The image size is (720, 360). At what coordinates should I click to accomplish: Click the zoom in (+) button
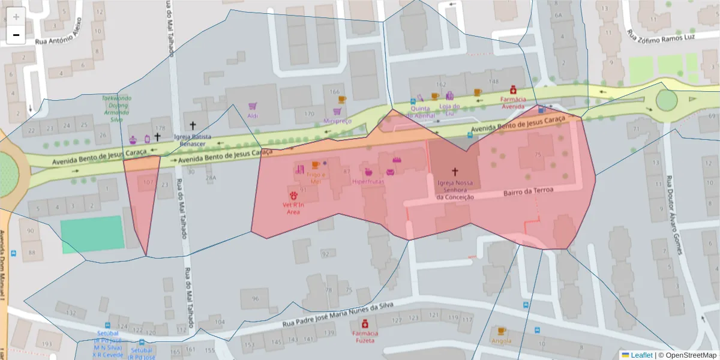click(x=16, y=17)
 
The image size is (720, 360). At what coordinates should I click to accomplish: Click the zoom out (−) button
click(x=16, y=35)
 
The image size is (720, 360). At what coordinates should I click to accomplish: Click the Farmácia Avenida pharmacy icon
click(x=513, y=90)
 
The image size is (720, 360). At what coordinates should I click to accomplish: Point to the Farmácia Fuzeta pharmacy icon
click(x=365, y=324)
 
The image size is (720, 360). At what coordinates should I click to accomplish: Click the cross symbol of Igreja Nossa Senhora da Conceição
click(x=455, y=172)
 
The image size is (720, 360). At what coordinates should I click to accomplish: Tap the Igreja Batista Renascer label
click(x=193, y=140)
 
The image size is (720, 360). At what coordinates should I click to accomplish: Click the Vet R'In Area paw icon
click(x=293, y=196)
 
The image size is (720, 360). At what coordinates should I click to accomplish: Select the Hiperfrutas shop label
click(x=368, y=181)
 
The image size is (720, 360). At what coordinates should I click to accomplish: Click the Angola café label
click(x=501, y=341)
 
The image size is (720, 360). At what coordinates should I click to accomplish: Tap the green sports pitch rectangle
click(x=92, y=234)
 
